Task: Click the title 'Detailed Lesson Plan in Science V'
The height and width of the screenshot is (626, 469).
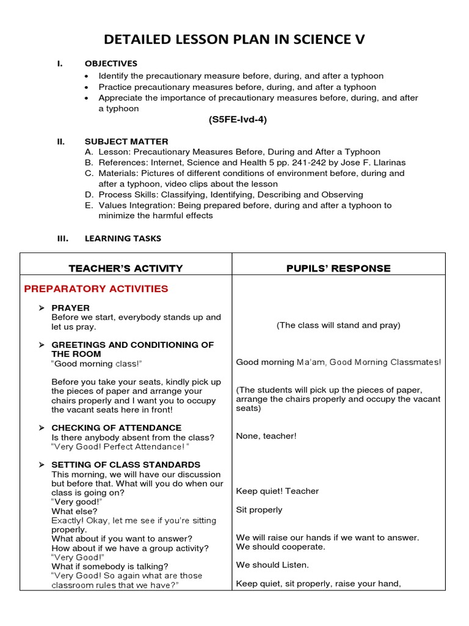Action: (x=234, y=40)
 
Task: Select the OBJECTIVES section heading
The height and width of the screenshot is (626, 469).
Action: (x=111, y=64)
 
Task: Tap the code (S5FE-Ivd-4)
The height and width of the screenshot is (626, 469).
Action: (x=238, y=120)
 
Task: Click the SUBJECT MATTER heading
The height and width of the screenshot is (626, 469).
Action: (x=126, y=141)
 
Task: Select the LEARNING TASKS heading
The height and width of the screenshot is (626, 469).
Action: (x=123, y=238)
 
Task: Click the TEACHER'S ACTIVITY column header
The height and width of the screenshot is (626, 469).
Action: (x=125, y=268)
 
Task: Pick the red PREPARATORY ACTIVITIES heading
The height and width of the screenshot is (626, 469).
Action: (x=95, y=289)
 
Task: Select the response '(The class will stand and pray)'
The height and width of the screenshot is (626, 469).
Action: (x=338, y=325)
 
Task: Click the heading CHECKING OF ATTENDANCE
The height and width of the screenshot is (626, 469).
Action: (x=116, y=427)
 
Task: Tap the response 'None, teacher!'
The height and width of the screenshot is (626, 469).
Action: (x=266, y=436)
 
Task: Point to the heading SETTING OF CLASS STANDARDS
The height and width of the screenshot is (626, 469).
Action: (x=126, y=465)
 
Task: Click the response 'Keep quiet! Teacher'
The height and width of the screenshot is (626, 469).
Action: (x=277, y=491)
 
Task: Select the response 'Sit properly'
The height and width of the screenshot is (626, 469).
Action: (x=259, y=509)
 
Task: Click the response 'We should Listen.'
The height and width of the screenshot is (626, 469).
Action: (x=272, y=565)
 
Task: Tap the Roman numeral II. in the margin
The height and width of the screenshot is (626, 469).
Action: (x=60, y=141)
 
